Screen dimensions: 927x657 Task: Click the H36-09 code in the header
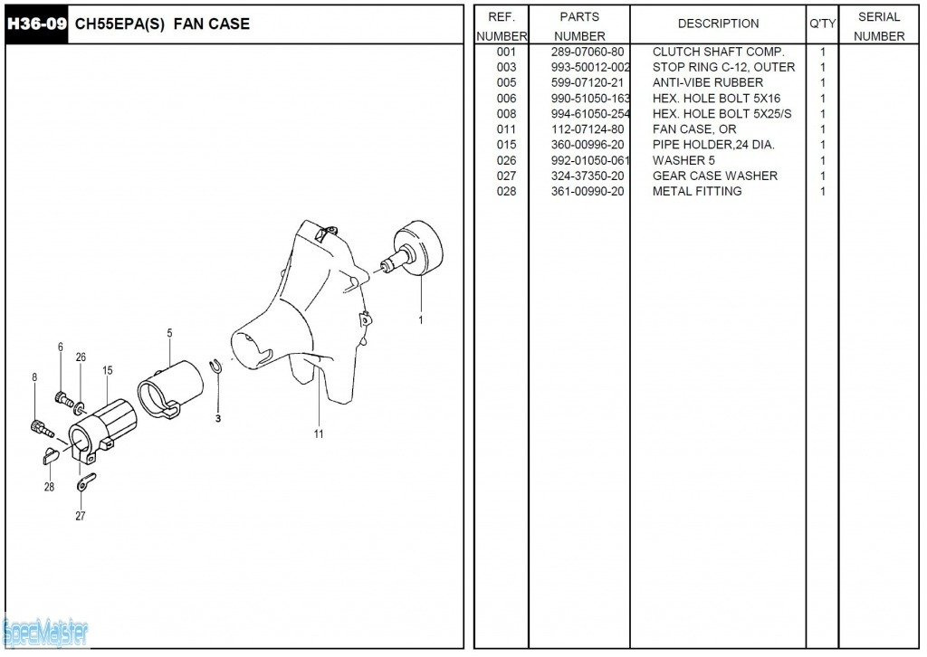point(36,24)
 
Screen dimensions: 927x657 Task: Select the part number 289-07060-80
point(588,52)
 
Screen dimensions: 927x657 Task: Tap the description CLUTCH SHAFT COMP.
point(718,52)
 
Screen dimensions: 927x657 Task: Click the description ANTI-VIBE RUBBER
point(708,82)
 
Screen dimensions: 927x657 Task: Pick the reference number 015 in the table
point(507,145)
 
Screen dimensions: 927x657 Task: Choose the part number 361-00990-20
point(588,192)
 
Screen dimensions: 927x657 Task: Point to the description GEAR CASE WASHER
point(715,176)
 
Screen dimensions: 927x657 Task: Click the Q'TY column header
point(822,24)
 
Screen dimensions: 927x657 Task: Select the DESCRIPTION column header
point(718,24)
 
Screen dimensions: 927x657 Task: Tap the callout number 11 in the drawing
point(319,434)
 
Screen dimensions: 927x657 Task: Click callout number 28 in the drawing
point(49,487)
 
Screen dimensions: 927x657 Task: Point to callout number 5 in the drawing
point(169,333)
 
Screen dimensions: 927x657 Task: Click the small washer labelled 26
point(80,407)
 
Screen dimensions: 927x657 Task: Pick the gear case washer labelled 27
point(86,482)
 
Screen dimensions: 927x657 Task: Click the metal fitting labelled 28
point(51,455)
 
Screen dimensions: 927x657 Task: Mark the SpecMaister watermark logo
point(45,633)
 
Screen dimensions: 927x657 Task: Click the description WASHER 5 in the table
point(683,161)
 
